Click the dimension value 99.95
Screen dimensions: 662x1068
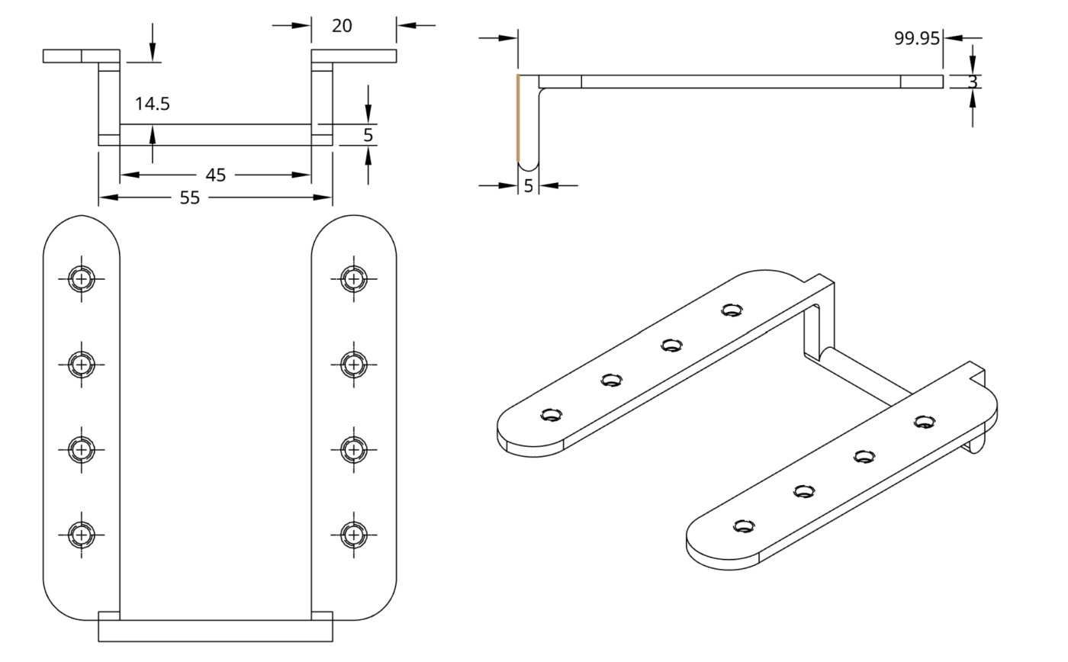(x=916, y=38)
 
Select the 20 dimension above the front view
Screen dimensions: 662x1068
(x=342, y=25)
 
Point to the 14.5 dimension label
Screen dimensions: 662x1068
(x=153, y=104)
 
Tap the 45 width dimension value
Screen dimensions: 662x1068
(x=216, y=175)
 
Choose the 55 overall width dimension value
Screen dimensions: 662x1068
(x=189, y=198)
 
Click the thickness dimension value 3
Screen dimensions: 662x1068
(x=973, y=82)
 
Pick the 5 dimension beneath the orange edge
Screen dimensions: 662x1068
(x=528, y=185)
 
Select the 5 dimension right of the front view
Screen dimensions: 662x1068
(x=368, y=135)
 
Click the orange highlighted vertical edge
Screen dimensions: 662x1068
(x=518, y=118)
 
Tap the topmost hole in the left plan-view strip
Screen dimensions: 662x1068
(x=81, y=279)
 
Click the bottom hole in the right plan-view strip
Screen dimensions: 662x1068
(x=352, y=534)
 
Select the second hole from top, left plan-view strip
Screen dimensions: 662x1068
(x=81, y=365)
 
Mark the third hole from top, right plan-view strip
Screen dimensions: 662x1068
(x=352, y=449)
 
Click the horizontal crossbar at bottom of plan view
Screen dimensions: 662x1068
(x=215, y=631)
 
